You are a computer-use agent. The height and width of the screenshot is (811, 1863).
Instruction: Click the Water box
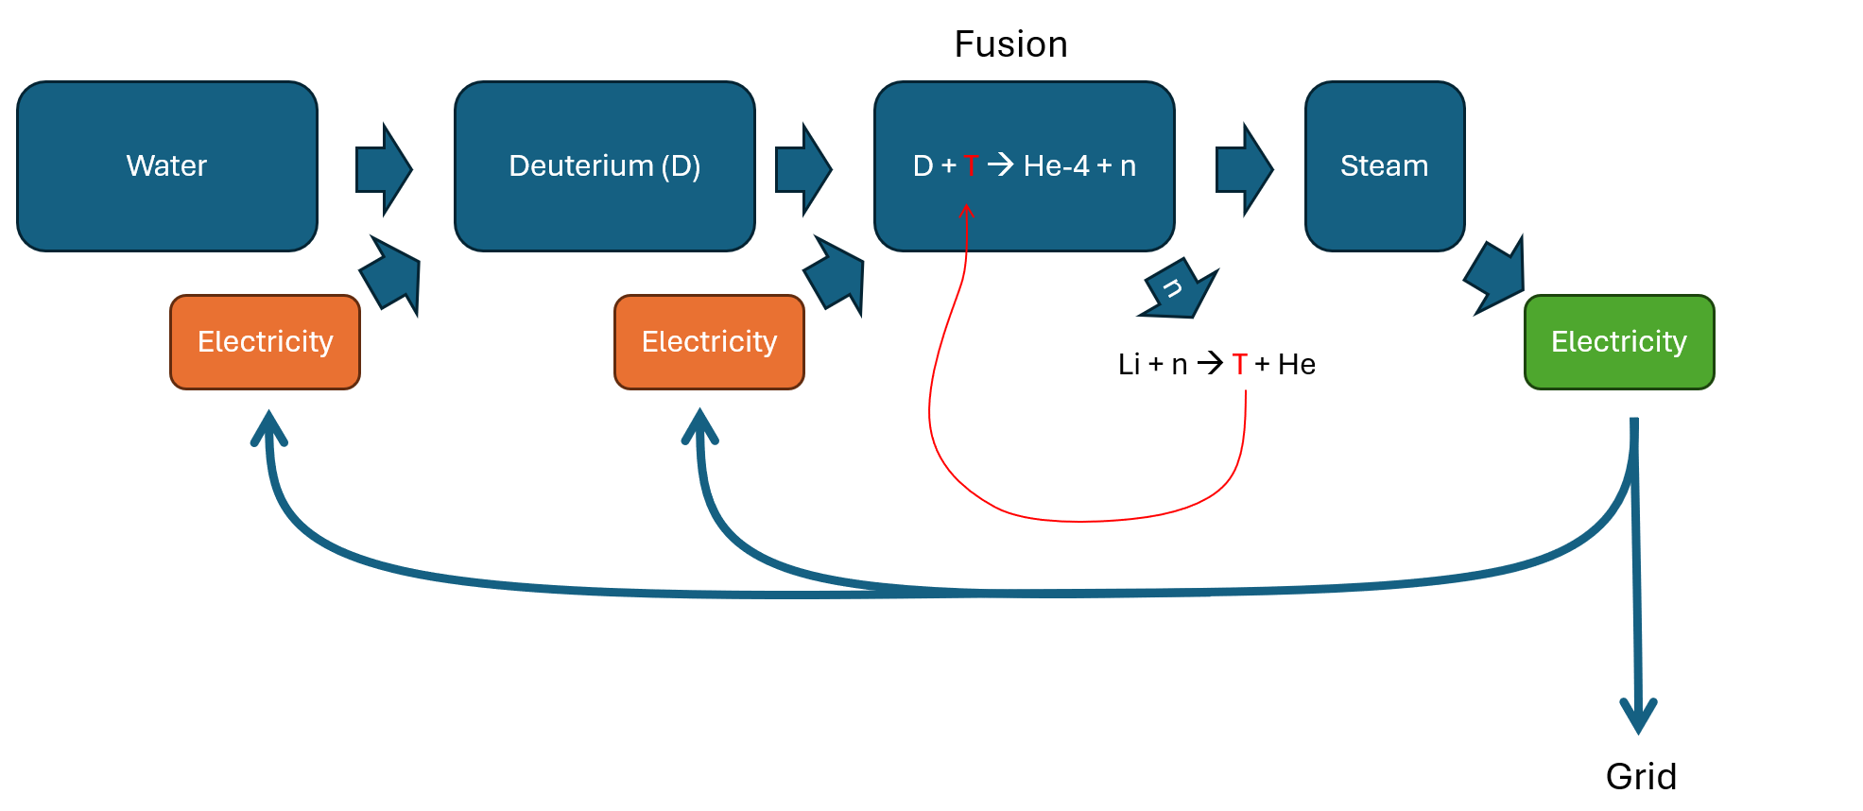167,166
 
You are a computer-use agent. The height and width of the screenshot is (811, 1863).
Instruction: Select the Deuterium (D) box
605,166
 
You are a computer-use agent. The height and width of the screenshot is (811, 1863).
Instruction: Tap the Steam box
1385,166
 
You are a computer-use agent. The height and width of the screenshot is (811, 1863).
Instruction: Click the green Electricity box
1619,342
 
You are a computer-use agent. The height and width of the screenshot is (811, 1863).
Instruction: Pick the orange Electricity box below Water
265,342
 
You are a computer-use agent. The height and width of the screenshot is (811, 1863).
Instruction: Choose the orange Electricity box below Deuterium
709,342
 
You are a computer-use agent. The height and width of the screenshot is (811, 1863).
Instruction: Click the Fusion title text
1010,44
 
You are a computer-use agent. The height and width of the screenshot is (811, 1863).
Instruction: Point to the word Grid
1641,777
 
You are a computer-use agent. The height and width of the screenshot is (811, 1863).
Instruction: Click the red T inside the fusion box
971,166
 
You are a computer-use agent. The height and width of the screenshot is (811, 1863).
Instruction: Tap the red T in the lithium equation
1239,365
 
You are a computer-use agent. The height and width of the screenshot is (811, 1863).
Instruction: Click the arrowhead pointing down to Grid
1638,716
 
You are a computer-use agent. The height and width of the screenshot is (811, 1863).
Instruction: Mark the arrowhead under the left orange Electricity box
269,426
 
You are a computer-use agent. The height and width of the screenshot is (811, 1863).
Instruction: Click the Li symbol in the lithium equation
1129,365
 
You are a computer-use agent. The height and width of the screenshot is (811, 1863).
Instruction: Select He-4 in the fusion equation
1056,166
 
